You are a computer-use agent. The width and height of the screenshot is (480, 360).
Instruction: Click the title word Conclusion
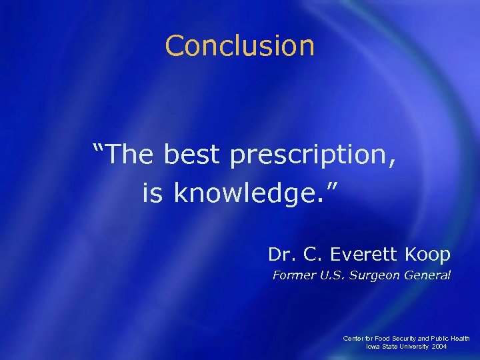(x=239, y=45)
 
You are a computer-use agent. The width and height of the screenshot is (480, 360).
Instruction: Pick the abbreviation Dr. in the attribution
(x=280, y=254)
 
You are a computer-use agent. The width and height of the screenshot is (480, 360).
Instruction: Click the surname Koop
(x=426, y=254)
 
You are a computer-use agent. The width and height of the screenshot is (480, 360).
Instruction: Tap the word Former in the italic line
(x=293, y=275)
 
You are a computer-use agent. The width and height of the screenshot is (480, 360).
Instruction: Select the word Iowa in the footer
(x=374, y=347)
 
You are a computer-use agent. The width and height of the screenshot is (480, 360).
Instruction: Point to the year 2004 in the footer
(x=440, y=347)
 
